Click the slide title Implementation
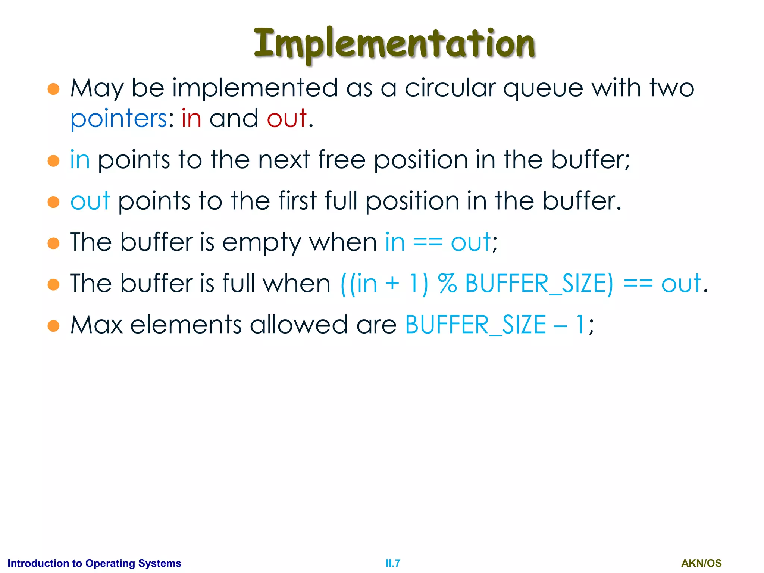tap(394, 44)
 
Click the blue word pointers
tap(119, 119)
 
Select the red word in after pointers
tap(191, 119)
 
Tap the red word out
tap(287, 119)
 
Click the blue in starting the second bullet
tap(80, 160)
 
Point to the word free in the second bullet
tap(342, 160)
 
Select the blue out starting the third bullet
tap(90, 201)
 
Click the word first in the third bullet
tap(298, 201)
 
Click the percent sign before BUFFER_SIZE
tap(448, 284)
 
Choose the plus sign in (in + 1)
tap(392, 284)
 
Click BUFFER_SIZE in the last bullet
tap(476, 325)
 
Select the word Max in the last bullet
tap(97, 325)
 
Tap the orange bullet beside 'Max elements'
tap(54, 326)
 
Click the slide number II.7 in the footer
tap(393, 563)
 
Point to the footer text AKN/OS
tap(701, 563)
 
